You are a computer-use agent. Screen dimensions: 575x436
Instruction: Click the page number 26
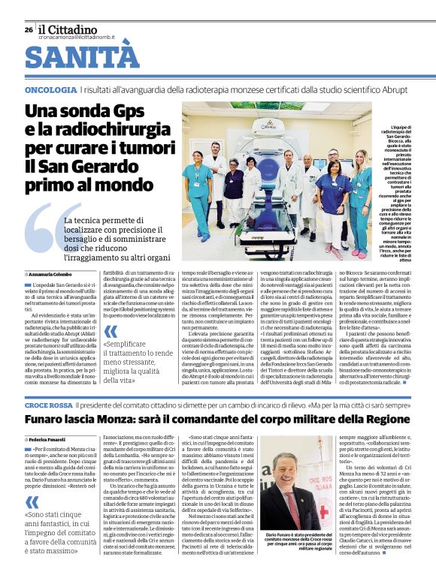(29, 29)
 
